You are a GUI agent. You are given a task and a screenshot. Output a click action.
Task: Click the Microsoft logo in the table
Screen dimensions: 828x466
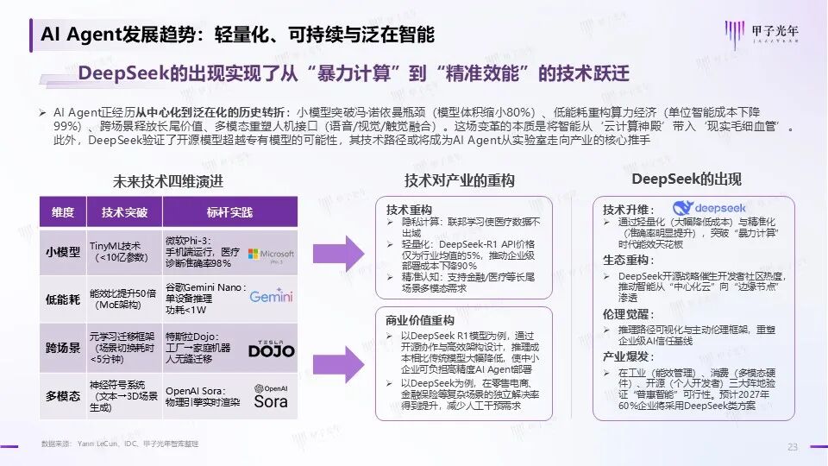coord(270,255)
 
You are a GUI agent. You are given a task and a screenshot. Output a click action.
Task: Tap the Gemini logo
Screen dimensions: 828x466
coord(272,297)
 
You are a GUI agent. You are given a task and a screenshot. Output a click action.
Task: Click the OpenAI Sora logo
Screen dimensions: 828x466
coord(271,396)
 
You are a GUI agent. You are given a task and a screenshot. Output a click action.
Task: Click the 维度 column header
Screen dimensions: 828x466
coord(63,212)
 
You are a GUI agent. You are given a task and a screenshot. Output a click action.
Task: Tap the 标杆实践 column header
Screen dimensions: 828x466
coord(229,212)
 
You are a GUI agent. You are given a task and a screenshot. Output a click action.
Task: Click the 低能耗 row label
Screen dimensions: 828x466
coord(63,299)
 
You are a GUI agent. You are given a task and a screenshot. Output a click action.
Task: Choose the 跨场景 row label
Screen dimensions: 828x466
coord(63,347)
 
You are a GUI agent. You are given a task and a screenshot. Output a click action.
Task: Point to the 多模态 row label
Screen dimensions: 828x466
coord(63,395)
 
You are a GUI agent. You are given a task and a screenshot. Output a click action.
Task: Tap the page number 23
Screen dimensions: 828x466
coord(792,446)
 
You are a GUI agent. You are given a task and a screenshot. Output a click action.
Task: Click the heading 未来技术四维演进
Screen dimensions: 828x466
coord(167,181)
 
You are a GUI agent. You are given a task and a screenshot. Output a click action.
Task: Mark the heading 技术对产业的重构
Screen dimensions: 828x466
coord(459,181)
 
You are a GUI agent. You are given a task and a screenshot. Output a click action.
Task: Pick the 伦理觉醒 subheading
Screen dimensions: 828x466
coord(625,316)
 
